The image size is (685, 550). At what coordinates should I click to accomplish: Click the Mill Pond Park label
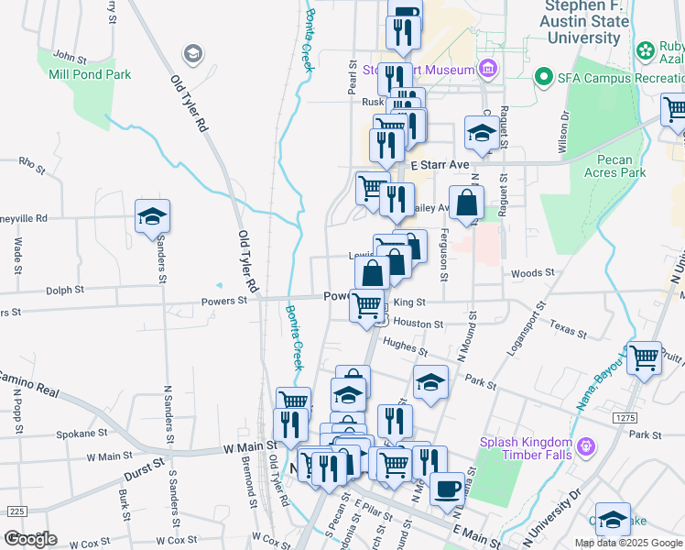tap(90, 74)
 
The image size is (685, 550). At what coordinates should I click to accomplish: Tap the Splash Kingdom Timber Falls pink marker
tap(585, 447)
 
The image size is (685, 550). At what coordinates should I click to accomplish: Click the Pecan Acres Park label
tap(614, 166)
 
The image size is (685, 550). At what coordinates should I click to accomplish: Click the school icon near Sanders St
tap(152, 217)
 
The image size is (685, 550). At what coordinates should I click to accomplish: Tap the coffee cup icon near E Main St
tap(446, 489)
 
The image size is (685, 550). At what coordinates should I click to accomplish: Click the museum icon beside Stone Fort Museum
tap(487, 70)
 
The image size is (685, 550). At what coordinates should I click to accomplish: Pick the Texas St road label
tap(568, 329)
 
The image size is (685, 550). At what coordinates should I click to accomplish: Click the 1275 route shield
tap(625, 418)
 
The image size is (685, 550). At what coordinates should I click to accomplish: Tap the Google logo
tap(30, 539)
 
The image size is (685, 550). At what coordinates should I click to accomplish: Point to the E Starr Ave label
tap(440, 164)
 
